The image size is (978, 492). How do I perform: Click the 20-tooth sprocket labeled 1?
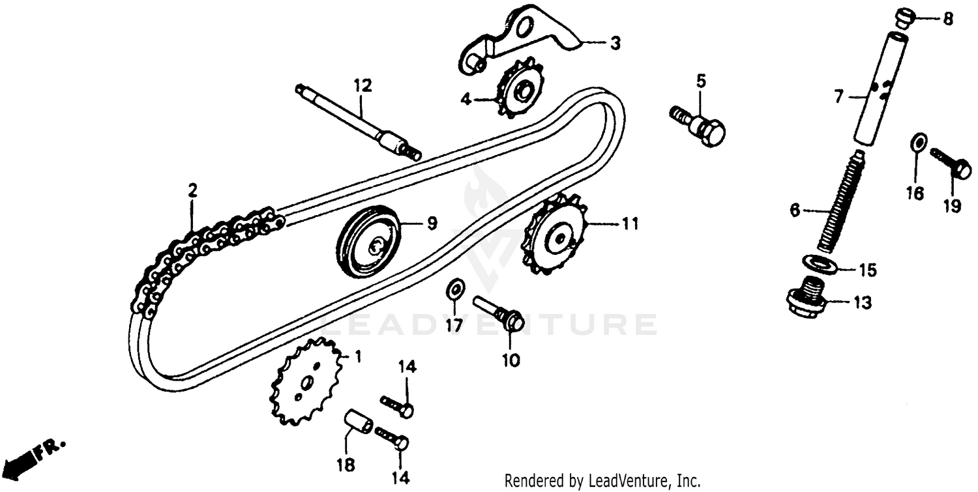point(304,381)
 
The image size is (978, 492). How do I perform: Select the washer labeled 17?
point(456,289)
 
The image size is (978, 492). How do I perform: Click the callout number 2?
point(192,190)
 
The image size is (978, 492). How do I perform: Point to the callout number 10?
point(511,360)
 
